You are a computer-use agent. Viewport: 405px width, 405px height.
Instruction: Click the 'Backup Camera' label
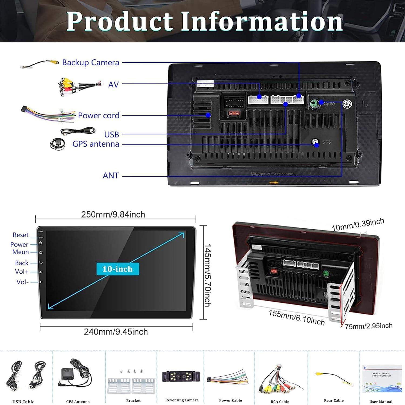pyautogui.click(x=90, y=63)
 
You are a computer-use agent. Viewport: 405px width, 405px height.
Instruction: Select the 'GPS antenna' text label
pyautogui.click(x=96, y=144)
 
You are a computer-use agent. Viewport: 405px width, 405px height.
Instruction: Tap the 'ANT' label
pyautogui.click(x=110, y=175)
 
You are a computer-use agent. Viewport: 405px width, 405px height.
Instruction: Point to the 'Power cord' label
pyautogui.click(x=99, y=116)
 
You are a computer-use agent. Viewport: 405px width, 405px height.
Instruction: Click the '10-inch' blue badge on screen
pyautogui.click(x=118, y=269)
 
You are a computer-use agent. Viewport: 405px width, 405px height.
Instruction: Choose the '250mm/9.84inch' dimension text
pyautogui.click(x=113, y=215)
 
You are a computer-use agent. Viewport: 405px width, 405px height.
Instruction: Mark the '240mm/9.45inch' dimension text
pyautogui.click(x=116, y=332)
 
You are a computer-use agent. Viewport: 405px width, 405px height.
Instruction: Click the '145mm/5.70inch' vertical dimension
pyautogui.click(x=207, y=275)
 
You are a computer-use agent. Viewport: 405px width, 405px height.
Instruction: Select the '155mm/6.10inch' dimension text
pyautogui.click(x=296, y=318)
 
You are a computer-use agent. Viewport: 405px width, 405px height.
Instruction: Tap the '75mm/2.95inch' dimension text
pyautogui.click(x=369, y=326)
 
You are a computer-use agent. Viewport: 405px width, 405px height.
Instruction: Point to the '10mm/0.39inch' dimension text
pyautogui.click(x=358, y=225)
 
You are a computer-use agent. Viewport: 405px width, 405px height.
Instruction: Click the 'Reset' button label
pyautogui.click(x=21, y=235)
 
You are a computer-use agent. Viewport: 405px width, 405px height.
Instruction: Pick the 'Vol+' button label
pyautogui.click(x=22, y=272)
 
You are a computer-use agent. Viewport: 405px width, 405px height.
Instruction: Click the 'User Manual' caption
pyautogui.click(x=381, y=401)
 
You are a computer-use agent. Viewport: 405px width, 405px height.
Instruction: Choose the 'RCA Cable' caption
pyautogui.click(x=280, y=401)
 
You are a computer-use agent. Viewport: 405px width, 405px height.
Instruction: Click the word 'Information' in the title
pyautogui.click(x=261, y=22)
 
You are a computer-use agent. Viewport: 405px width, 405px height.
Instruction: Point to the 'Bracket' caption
pyautogui.click(x=133, y=400)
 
